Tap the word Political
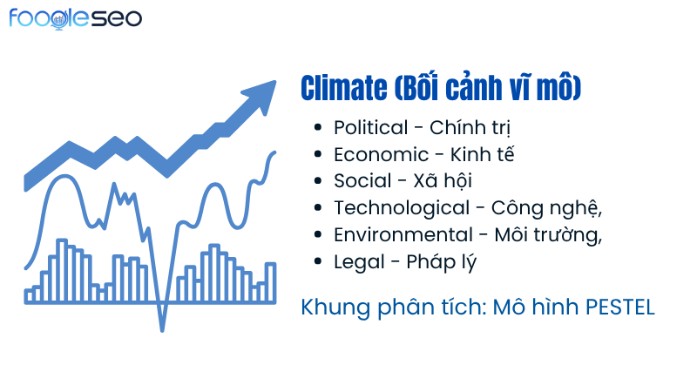[x=370, y=128]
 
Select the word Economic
[x=376, y=155]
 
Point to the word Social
[x=357, y=181]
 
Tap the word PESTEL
[x=619, y=308]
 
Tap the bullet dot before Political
[x=320, y=129]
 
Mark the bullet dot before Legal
[x=320, y=262]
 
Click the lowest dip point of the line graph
[x=162, y=329]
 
